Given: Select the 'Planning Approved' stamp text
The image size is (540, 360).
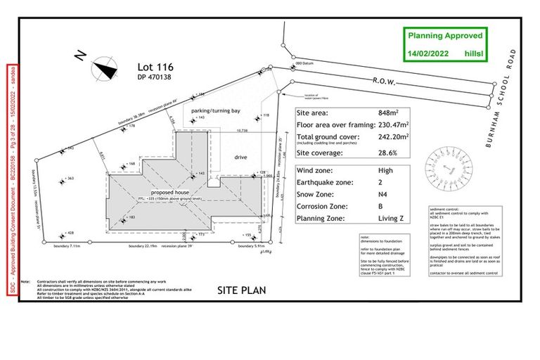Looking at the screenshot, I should pos(447,35).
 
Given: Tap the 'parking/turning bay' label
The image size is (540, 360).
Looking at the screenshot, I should pos(216,111).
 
